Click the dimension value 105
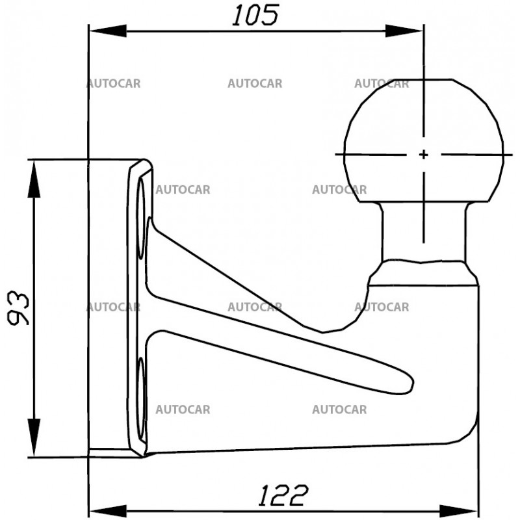coord(255,14)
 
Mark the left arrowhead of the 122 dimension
coord(104,508)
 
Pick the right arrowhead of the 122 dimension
coord(463,508)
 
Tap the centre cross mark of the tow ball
coord(423,155)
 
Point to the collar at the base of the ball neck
coord(423,272)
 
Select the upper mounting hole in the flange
coord(140,221)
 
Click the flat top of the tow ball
coord(423,81)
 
